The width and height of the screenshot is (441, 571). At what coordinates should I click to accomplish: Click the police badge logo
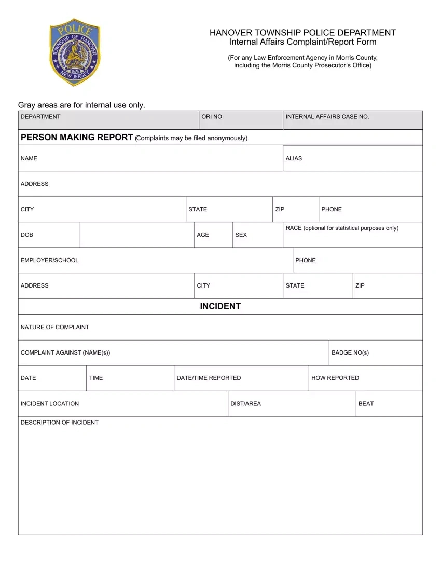(75, 55)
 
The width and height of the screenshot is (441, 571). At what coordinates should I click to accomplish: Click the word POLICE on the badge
(75, 31)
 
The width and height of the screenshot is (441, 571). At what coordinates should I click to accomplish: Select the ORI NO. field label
(212, 117)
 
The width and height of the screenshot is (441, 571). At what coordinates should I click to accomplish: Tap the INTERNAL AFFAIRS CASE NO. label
(327, 117)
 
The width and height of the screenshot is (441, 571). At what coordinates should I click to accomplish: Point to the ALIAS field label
(294, 158)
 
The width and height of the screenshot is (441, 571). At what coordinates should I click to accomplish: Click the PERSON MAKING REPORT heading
(77, 138)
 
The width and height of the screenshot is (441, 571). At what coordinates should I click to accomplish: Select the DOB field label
(27, 235)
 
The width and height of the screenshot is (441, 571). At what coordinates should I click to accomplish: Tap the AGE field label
(203, 235)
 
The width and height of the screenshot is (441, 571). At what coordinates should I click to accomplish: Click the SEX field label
(241, 235)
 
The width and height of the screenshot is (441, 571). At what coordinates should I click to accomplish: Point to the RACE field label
(342, 228)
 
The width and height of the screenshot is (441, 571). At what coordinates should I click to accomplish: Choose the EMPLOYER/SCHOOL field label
(50, 260)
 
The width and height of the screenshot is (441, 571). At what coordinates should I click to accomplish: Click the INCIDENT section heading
(220, 306)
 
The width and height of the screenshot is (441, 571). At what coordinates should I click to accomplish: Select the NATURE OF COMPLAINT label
(55, 327)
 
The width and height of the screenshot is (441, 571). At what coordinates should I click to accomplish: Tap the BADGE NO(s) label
(350, 352)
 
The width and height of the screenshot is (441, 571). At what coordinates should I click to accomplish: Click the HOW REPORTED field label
(335, 378)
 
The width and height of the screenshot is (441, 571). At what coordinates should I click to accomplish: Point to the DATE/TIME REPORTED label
(209, 378)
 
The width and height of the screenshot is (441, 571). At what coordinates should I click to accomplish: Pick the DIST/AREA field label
(245, 403)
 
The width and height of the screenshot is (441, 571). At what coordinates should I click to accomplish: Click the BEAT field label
(366, 403)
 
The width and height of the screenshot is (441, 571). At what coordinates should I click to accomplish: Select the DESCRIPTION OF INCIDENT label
(60, 423)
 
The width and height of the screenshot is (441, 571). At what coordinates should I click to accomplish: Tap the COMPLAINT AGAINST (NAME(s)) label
(65, 352)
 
